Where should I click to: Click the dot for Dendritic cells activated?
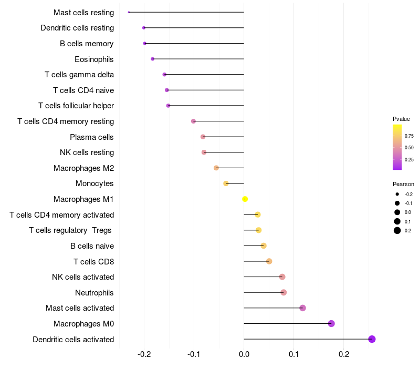point(372,339)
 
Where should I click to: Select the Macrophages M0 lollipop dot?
point(331,323)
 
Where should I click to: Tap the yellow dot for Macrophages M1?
point(245,199)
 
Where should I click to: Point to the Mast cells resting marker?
point(129,12)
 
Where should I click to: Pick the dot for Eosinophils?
point(153,59)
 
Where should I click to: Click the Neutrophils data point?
point(283,292)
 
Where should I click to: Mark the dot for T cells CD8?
point(269,261)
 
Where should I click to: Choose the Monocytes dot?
point(226,183)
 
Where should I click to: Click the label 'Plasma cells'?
point(92,137)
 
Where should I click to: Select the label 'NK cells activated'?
point(83,277)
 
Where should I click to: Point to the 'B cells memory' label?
point(87,44)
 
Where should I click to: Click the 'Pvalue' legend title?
point(401,119)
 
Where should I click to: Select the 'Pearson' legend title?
point(403,185)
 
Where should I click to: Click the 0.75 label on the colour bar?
point(409,136)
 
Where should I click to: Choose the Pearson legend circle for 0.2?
point(397,230)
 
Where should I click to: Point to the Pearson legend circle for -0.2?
point(397,194)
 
